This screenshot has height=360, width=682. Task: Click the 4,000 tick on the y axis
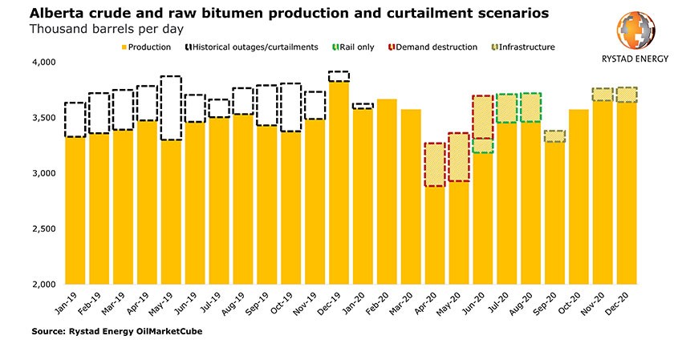(41, 63)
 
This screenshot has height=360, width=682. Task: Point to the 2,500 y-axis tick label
(41, 229)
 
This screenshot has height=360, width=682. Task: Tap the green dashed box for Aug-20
(530, 107)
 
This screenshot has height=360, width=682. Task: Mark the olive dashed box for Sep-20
(554, 136)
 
